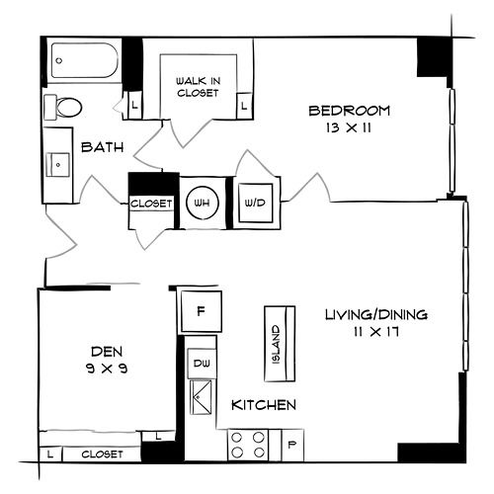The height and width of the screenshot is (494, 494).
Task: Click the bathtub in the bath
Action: click(85, 60)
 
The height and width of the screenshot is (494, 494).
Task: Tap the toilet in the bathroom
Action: click(63, 107)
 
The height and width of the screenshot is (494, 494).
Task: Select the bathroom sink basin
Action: click(58, 164)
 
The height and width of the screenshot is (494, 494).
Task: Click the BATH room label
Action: click(103, 147)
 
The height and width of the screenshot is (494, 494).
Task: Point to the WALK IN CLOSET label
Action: click(198, 87)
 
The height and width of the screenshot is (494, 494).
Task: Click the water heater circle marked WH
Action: click(203, 203)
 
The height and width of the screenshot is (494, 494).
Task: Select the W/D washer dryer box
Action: click(256, 203)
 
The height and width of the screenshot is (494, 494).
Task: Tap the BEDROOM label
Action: click(350, 111)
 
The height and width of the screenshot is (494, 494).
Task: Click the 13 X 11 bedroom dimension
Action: click(349, 127)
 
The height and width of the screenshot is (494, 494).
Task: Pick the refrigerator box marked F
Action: click(202, 311)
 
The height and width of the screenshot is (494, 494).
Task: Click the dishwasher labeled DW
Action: click(202, 364)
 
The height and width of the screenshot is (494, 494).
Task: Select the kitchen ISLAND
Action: click(280, 344)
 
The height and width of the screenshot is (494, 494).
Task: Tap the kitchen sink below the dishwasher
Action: click(202, 397)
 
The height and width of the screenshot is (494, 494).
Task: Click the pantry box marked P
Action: click(292, 446)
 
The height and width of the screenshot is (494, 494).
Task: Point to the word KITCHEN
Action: click(264, 405)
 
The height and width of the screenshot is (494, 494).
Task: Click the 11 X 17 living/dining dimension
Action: click(376, 332)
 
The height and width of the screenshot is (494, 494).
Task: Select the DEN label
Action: click(107, 352)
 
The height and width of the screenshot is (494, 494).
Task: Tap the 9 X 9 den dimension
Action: click(107, 368)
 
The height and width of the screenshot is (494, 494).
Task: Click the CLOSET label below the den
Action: click(102, 454)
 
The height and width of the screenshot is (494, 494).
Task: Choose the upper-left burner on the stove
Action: click(237, 438)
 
